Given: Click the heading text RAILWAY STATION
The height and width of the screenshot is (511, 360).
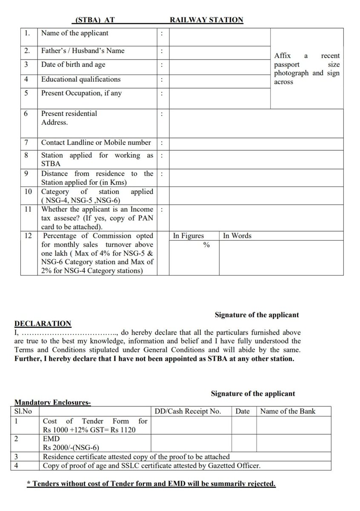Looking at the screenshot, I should [206, 20].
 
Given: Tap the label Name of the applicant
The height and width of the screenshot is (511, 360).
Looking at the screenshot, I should [74, 33].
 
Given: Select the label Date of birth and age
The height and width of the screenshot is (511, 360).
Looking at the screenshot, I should [73, 65].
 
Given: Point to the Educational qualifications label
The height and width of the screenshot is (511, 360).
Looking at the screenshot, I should [80, 79].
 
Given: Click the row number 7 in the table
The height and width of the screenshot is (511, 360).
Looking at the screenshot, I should [26, 143].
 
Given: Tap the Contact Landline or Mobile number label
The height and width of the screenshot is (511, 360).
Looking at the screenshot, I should [96, 143].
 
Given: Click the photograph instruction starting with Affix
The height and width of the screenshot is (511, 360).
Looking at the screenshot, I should [307, 69].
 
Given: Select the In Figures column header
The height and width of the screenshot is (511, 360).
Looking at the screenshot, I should [188, 236].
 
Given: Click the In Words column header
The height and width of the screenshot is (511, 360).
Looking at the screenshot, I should [237, 236].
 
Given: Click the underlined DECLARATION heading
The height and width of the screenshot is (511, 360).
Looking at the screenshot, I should [43, 324].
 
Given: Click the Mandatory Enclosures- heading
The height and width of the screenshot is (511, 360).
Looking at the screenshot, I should [52, 402].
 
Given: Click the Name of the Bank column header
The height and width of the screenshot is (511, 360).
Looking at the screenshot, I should [288, 411].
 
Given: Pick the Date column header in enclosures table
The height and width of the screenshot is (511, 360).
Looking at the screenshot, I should [243, 411].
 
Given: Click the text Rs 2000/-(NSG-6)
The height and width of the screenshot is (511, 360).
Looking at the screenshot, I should [71, 448].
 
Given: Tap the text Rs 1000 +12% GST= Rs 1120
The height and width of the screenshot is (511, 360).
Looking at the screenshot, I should [89, 430].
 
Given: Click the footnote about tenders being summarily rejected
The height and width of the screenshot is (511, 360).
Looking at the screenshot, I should [151, 484].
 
